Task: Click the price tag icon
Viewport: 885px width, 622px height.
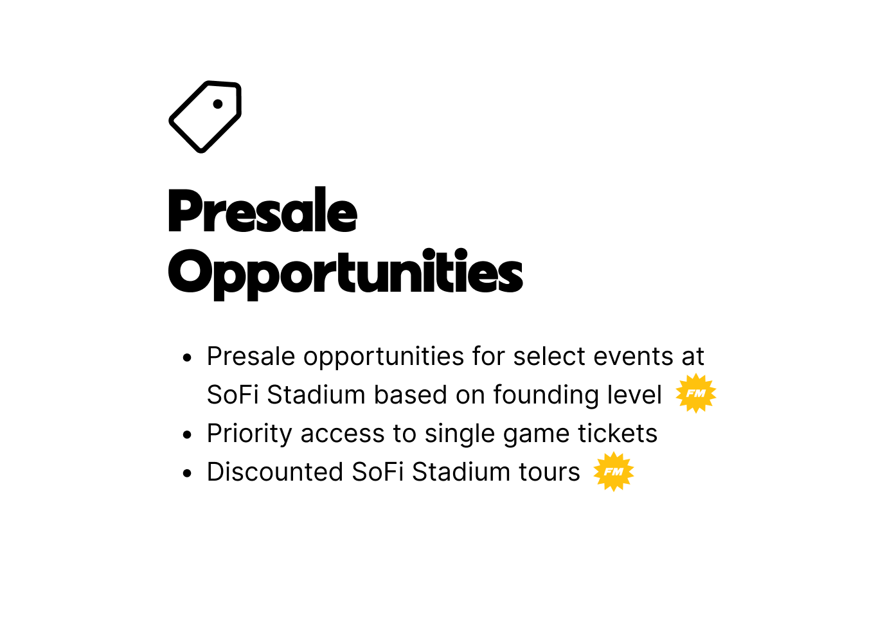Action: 205,117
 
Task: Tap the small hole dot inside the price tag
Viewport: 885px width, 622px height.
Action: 218,103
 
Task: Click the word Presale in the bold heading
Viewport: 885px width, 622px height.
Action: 262,211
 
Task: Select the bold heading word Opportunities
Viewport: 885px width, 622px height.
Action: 345,272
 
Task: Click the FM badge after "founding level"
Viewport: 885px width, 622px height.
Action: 696,393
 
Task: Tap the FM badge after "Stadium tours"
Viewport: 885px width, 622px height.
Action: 614,472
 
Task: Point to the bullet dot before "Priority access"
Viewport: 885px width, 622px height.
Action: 187,435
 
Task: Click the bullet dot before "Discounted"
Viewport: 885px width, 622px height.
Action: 187,474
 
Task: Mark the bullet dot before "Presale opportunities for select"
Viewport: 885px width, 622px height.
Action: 187,358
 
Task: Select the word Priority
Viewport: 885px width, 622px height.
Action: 249,434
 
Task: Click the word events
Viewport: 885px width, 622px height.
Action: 630,357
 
